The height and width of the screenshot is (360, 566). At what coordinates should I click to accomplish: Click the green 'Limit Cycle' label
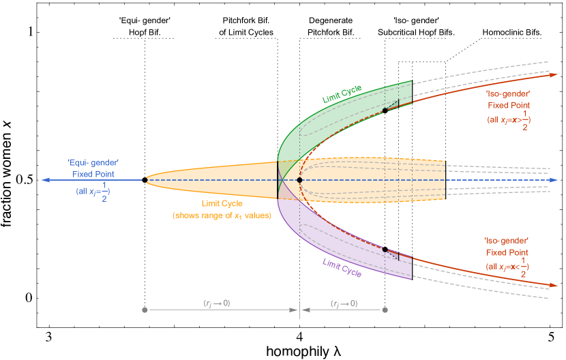click(x=342, y=94)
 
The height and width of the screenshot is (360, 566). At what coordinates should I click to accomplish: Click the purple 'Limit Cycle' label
click(x=342, y=267)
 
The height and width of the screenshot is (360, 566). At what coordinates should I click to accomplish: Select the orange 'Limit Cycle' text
click(x=222, y=204)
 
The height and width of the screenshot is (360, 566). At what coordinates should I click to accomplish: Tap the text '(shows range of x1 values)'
click(x=222, y=215)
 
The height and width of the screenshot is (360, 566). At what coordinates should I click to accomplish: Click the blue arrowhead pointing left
click(x=45, y=180)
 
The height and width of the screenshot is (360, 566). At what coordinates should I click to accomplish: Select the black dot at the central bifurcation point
click(x=299, y=180)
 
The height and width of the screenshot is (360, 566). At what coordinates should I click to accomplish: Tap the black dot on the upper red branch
click(x=385, y=110)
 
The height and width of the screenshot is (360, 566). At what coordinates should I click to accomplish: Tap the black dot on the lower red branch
click(x=385, y=250)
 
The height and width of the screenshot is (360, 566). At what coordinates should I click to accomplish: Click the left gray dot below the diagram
click(x=145, y=310)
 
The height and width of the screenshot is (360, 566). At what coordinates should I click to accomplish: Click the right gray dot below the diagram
click(x=385, y=310)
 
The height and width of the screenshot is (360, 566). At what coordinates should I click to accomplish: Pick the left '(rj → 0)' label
click(x=217, y=303)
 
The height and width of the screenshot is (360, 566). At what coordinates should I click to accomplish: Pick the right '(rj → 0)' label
click(x=344, y=303)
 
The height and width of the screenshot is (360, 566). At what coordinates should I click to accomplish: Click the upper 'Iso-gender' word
click(x=507, y=93)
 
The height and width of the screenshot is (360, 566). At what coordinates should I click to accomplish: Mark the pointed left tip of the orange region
click(x=146, y=180)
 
